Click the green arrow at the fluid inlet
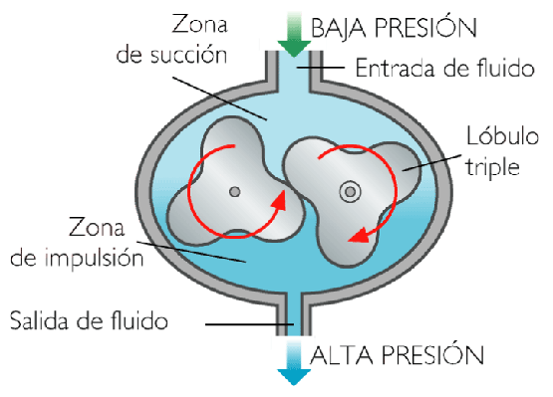tap(294, 35)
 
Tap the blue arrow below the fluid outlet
tap(294, 363)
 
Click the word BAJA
tap(338, 28)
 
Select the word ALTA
tap(342, 355)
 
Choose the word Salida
tap(40, 320)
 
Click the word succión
tap(189, 55)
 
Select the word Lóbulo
tap(502, 135)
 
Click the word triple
tap(492, 166)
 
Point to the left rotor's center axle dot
tap(235, 192)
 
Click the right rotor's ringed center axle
tap(350, 192)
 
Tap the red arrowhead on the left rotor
tap(280, 201)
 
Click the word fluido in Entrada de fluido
tap(506, 67)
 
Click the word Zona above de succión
tap(199, 24)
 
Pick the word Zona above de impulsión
tap(97, 227)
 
